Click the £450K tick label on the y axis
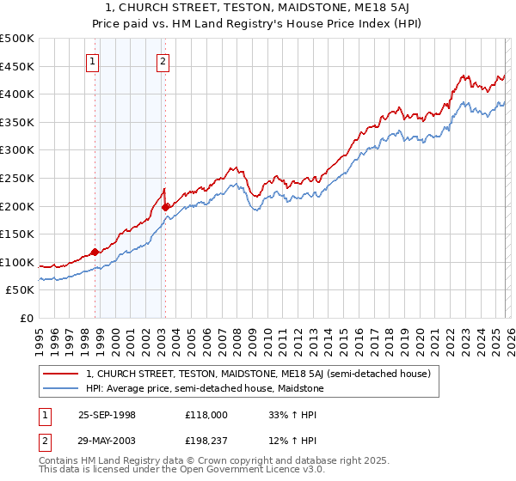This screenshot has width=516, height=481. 17,66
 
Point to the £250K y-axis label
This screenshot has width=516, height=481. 17,178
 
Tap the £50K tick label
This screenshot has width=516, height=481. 21,290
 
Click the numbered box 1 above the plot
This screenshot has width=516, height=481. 92,61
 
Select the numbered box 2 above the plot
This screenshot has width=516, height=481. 163,61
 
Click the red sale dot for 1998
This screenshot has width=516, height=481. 95,252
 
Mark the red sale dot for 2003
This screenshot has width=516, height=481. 166,206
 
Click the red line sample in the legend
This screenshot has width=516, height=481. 61,374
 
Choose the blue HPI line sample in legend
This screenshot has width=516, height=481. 61,389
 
